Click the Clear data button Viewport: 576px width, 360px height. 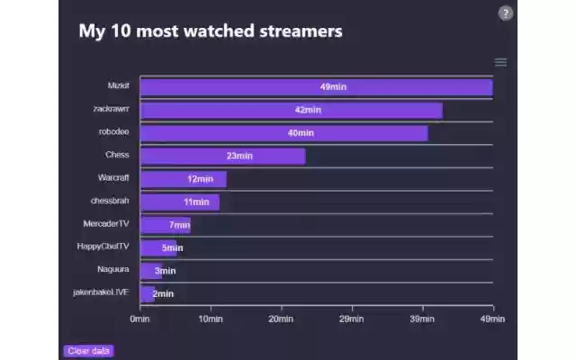pyautogui.click(x=89, y=351)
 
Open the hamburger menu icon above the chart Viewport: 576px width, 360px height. pyautogui.click(x=500, y=62)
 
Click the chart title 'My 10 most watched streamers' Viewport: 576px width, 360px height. pyautogui.click(x=211, y=31)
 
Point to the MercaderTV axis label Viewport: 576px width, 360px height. pyautogui.click(x=106, y=223)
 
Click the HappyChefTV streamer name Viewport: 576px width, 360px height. pyautogui.click(x=103, y=246)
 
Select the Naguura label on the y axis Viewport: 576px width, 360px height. pyautogui.click(x=113, y=269)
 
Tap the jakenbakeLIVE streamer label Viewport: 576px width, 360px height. pyautogui.click(x=102, y=292)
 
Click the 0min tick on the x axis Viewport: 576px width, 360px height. pyautogui.click(x=140, y=319)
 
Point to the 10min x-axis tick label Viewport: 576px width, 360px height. pyautogui.click(x=211, y=319)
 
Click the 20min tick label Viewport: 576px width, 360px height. pyautogui.click(x=281, y=319)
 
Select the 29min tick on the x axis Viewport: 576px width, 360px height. pyautogui.click(x=352, y=319)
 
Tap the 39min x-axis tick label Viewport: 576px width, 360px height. pyautogui.click(x=422, y=319)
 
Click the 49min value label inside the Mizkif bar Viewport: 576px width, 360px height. pyautogui.click(x=333, y=87)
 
